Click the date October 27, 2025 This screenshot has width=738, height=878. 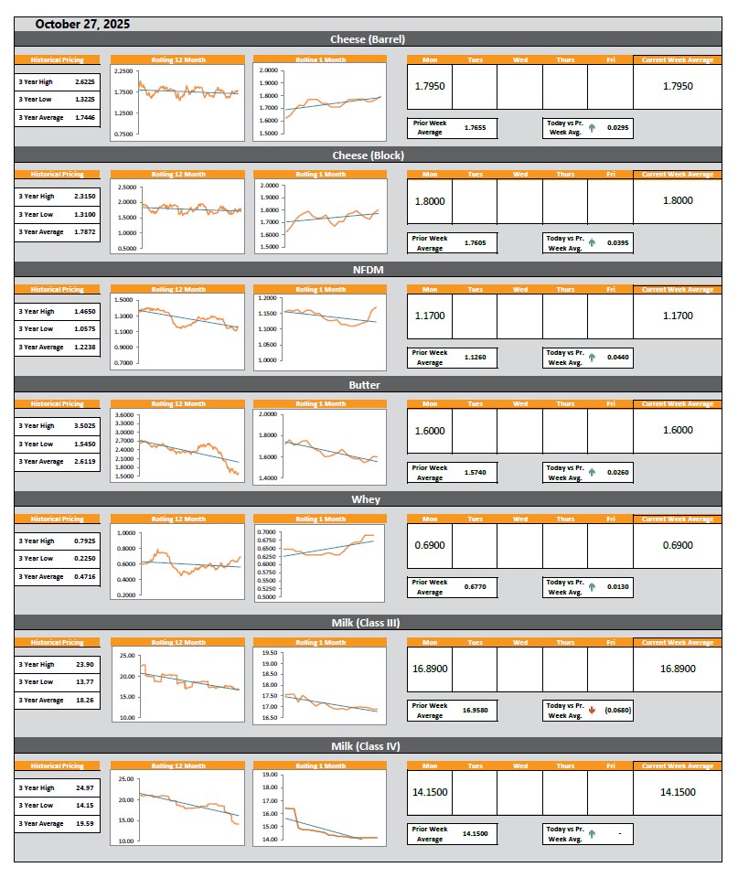[x=82, y=25]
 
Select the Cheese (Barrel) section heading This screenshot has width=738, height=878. [x=368, y=39]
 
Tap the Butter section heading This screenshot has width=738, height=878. [x=368, y=385]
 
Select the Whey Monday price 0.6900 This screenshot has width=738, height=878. [x=429, y=545]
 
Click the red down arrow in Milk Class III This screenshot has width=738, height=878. [x=593, y=710]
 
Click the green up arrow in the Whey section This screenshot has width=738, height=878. [x=593, y=587]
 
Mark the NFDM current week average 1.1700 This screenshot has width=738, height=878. [x=677, y=316]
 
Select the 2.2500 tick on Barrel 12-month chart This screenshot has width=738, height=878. [x=123, y=70]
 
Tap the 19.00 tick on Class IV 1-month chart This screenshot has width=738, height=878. [x=270, y=775]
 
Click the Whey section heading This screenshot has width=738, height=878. [x=368, y=499]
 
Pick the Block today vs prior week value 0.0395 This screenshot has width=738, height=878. [x=617, y=242]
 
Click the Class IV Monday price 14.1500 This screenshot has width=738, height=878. [x=429, y=792]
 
